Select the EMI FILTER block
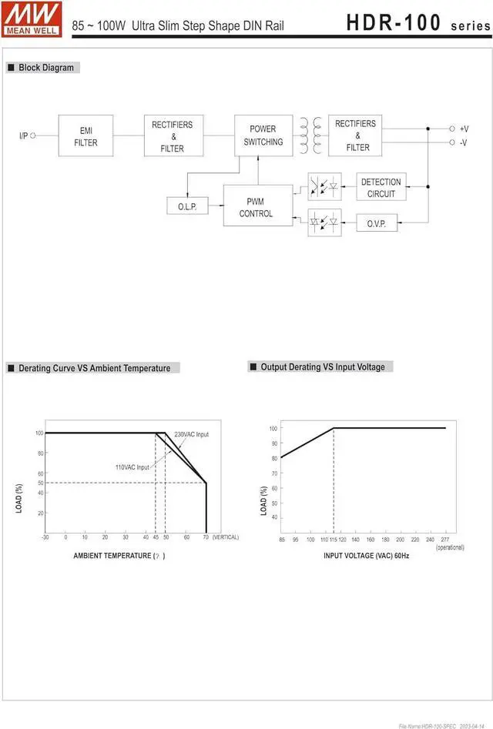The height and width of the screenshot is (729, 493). (x=86, y=136)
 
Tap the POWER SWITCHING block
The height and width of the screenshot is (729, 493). (x=263, y=135)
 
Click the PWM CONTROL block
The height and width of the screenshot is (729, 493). (x=257, y=207)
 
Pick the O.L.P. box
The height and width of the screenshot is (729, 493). (x=187, y=206)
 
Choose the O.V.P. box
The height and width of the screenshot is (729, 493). (x=376, y=223)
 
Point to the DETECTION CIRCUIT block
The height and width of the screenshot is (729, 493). (x=381, y=188)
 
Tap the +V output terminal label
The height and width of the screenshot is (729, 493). (x=464, y=129)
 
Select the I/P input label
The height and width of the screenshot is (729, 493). (x=23, y=136)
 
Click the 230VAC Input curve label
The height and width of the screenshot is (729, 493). (x=191, y=434)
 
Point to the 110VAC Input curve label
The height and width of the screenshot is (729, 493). (x=132, y=467)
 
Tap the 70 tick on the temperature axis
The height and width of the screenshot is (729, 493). (x=206, y=537)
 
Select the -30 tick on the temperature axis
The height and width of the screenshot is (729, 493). (x=45, y=537)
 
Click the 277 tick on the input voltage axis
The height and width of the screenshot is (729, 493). (x=444, y=540)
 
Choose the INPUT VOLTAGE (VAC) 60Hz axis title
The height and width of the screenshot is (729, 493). (x=366, y=555)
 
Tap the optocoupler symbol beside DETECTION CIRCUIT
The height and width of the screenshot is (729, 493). (x=324, y=186)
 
